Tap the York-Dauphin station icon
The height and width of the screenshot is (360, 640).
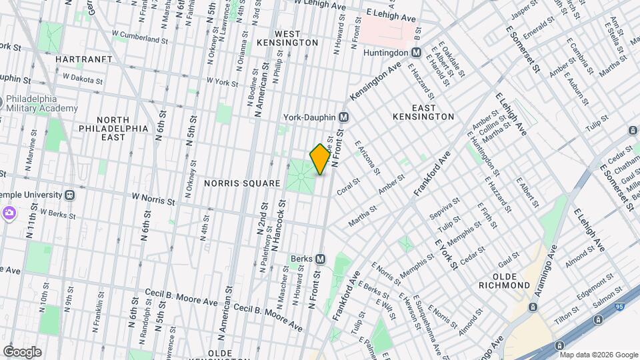[344, 117]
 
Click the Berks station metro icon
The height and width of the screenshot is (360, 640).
[321, 259]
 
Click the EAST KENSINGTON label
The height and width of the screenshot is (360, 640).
[423, 112]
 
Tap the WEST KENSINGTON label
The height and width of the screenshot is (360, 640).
[296, 38]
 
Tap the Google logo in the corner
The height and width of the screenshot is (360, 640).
[22, 351]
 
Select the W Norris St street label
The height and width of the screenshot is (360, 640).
[154, 199]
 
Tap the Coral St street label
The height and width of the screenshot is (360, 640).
[348, 185]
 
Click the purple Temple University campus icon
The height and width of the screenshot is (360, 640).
[9, 213]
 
